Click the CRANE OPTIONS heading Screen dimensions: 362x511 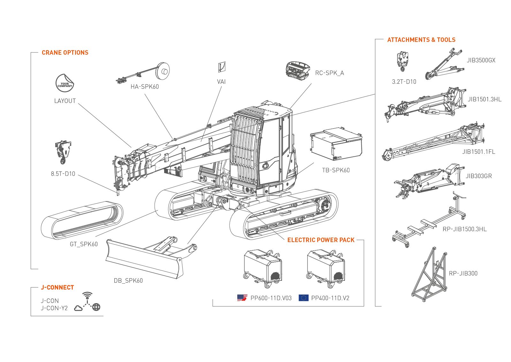(65, 53)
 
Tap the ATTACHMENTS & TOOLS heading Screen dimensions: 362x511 (421, 40)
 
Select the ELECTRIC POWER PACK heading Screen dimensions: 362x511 (321, 240)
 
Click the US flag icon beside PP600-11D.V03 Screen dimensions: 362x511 (242, 298)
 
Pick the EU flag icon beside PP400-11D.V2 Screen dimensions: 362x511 (303, 298)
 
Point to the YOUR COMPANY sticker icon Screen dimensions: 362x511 (65, 83)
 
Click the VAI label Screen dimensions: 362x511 (221, 82)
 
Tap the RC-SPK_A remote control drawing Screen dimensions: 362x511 (298, 70)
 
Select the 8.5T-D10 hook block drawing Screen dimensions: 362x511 (63, 152)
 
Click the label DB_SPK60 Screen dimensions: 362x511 (128, 281)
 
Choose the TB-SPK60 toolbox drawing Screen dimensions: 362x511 (336, 144)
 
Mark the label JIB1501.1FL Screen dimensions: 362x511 (478, 152)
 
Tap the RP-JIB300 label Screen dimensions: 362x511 (463, 273)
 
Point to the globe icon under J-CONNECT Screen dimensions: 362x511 (96, 307)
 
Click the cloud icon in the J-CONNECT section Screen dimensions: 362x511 (78, 308)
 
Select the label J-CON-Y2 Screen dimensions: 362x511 (54, 308)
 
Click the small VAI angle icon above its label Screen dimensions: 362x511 (222, 67)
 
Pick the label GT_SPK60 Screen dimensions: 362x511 (84, 244)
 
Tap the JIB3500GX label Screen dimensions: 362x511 (481, 60)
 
